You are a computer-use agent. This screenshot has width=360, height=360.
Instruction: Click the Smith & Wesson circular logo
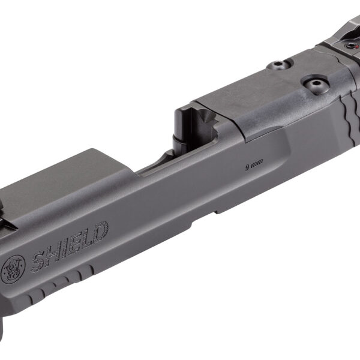tap(14, 268)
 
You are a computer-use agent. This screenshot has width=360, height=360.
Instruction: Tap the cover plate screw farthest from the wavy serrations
tap(277, 65)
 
